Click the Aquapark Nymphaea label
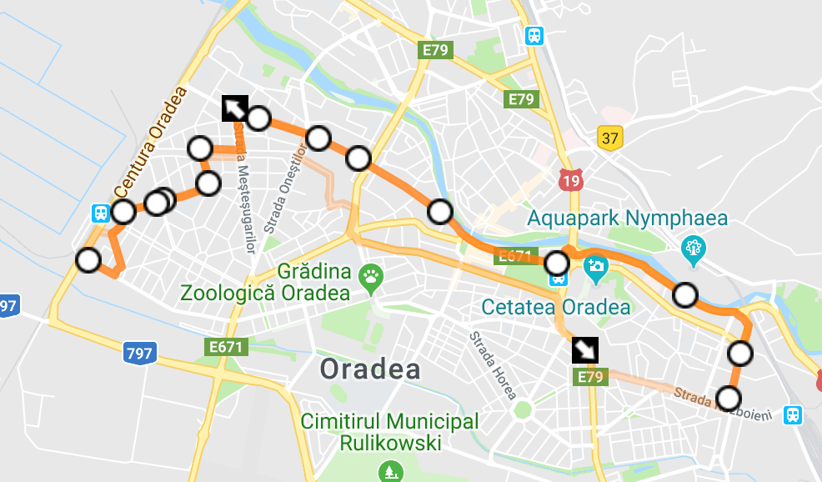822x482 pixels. click(x=627, y=219)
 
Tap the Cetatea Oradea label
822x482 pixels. click(x=556, y=307)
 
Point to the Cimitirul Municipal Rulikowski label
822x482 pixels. click(x=390, y=432)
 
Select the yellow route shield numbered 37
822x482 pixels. click(x=610, y=138)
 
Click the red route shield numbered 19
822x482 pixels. click(x=571, y=178)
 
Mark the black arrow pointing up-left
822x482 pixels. click(x=235, y=109)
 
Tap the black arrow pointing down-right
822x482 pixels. click(x=584, y=349)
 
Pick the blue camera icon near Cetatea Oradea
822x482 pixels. click(x=596, y=267)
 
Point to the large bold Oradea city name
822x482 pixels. click(x=371, y=369)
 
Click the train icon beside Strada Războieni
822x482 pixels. click(x=793, y=414)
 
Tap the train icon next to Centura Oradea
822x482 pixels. click(x=100, y=213)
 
